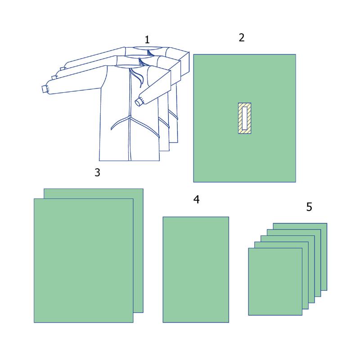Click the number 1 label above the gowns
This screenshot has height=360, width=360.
147,40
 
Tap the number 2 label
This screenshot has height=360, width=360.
242,38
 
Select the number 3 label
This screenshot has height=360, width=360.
97,172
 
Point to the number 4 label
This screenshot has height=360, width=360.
196,199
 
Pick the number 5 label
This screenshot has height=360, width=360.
309,207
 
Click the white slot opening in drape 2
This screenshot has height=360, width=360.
244,118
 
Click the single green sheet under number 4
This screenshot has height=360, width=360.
196,270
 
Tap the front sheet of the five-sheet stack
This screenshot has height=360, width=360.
275,282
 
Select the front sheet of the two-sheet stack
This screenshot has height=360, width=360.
84,261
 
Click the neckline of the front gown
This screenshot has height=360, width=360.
129,67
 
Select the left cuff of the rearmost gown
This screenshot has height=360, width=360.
62,68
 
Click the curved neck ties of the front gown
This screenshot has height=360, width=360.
137,77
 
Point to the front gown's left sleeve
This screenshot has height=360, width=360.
73,81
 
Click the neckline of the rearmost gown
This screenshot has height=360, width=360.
147,48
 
